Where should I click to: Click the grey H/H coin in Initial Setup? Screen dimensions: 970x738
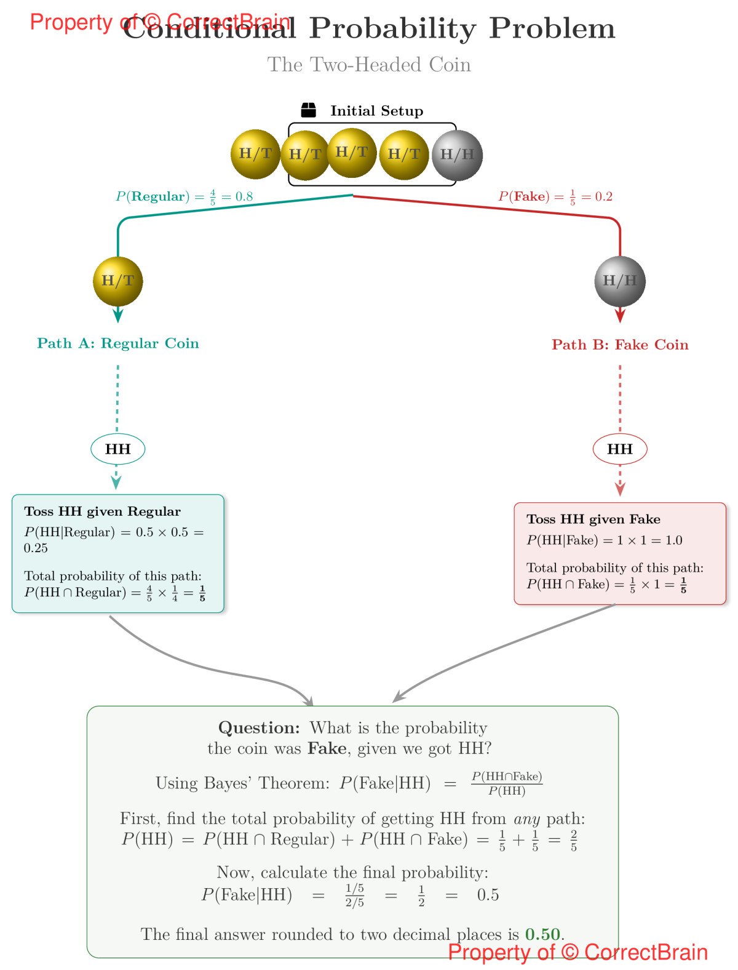point(457,155)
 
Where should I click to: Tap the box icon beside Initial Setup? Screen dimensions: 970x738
point(308,110)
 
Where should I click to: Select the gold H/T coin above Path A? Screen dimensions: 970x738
point(118,281)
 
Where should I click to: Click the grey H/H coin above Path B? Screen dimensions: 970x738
point(620,281)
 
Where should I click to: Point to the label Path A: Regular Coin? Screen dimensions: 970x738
point(118,343)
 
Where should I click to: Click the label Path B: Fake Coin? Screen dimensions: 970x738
point(620,345)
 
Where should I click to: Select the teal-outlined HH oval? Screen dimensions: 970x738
point(118,449)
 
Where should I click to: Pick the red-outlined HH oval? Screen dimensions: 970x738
point(620,449)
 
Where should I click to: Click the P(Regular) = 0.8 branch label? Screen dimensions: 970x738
point(184,197)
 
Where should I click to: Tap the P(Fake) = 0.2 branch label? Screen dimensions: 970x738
point(555,197)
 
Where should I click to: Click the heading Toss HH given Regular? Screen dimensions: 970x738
point(102,511)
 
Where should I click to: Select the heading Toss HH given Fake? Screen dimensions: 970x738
point(593,519)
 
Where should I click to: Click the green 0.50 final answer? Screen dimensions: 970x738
point(542,934)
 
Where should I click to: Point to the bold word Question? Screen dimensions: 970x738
point(259,728)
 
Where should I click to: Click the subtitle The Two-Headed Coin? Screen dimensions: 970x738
point(369,65)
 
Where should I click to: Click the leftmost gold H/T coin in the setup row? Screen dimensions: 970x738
point(255,154)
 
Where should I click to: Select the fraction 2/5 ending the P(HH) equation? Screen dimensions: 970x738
point(573,840)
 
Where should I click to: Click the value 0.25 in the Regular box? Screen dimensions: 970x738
point(36,548)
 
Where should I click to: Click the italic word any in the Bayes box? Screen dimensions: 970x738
point(527,819)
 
